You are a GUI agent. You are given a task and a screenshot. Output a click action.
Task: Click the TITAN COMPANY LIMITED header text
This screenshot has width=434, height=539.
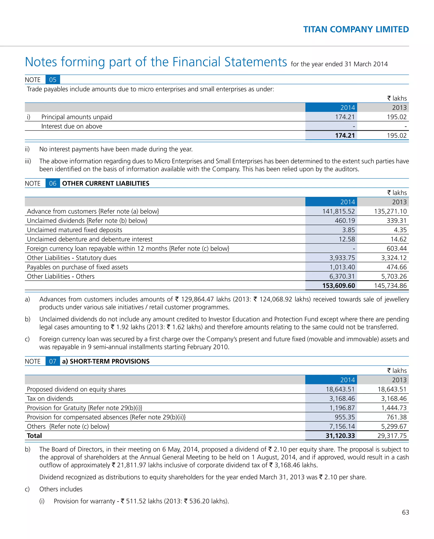[356, 29]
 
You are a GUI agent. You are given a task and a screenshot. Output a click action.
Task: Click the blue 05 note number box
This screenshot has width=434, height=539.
[53, 80]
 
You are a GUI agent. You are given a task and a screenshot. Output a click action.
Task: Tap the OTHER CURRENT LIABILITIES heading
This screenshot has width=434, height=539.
[106, 183]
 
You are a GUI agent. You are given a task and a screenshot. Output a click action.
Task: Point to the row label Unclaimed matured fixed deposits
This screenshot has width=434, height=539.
[75, 230]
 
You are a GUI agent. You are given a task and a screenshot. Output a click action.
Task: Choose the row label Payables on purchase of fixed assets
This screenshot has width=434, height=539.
[77, 267]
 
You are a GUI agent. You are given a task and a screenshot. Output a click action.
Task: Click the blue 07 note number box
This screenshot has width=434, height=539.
[53, 362]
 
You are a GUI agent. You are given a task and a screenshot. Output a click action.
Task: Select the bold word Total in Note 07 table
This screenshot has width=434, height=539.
[34, 436]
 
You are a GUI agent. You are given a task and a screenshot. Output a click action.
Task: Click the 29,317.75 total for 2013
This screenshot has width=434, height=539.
[392, 436]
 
